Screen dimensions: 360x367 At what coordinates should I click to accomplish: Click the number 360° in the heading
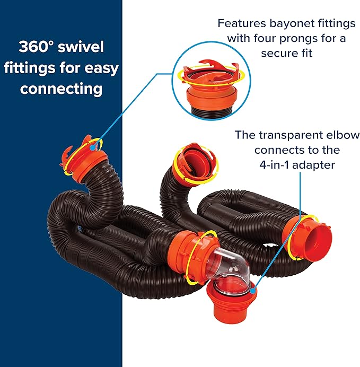click(x=36, y=47)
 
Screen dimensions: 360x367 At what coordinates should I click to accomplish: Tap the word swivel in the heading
click(x=81, y=47)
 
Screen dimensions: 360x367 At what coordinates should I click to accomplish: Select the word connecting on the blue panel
click(x=61, y=89)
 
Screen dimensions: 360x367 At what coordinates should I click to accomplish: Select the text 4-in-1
click(x=274, y=165)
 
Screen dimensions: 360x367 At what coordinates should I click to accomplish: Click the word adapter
click(x=314, y=165)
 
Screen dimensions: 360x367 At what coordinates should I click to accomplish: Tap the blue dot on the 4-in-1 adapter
click(x=252, y=291)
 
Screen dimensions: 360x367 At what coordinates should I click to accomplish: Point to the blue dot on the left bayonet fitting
click(x=93, y=147)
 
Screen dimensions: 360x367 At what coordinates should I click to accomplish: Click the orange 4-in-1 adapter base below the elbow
click(x=231, y=302)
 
